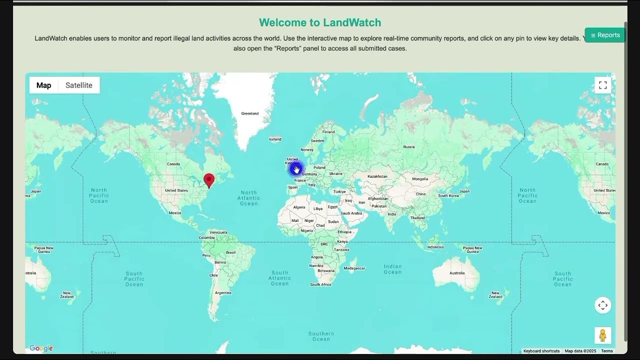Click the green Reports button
(x=605, y=35)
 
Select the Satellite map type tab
(x=79, y=85)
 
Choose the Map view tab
(x=43, y=85)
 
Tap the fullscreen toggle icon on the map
(x=602, y=85)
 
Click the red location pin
(x=209, y=180)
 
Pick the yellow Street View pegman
(x=602, y=335)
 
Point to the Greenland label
(x=250, y=113)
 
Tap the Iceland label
(x=275, y=139)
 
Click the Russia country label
(x=409, y=146)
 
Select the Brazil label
(x=230, y=252)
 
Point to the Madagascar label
(x=354, y=268)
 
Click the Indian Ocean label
(x=392, y=269)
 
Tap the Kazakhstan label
(x=377, y=176)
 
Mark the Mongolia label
(x=420, y=179)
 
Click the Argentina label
(x=223, y=292)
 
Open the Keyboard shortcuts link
(x=541, y=351)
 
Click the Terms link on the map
(x=606, y=351)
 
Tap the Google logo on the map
(x=41, y=348)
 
